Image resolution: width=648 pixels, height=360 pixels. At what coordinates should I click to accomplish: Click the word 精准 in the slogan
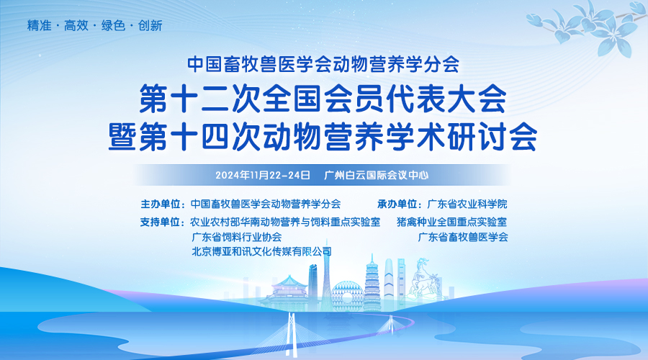coord(40,26)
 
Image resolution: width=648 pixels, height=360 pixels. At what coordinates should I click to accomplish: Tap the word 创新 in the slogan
coord(150,26)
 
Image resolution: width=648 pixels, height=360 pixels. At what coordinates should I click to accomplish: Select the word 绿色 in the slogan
coord(113,26)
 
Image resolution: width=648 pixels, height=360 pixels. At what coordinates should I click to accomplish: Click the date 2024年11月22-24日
coord(263,175)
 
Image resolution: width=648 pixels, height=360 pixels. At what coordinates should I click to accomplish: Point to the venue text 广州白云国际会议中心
coord(376,175)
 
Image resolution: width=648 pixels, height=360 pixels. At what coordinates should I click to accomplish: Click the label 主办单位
coord(161,204)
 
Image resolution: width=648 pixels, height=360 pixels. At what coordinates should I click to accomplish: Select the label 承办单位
coord(397,204)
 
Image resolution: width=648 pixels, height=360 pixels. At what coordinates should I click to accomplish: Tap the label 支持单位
coord(160,222)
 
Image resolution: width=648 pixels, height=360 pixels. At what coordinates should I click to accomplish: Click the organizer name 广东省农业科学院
coord(467,204)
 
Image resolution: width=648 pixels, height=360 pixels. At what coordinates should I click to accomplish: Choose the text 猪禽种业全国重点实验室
coord(451,222)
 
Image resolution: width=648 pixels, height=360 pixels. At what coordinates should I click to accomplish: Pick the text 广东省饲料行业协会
coord(237,237)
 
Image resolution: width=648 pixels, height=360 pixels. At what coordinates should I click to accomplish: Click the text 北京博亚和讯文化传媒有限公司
coord(261,251)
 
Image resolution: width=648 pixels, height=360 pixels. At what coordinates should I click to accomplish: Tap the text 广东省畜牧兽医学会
coord(463,237)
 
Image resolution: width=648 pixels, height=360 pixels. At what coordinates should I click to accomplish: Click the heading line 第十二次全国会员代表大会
coord(323,99)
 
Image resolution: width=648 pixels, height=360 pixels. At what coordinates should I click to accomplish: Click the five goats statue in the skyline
coord(423,278)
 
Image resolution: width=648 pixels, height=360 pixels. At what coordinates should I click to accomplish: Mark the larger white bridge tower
coord(292,334)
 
